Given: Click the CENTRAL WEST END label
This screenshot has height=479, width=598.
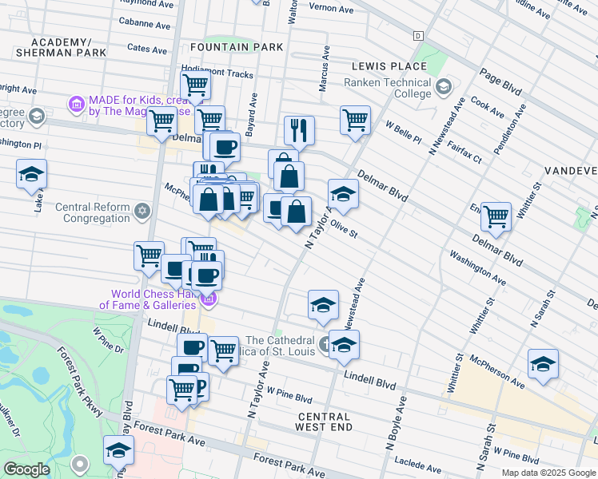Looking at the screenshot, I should click(324, 422).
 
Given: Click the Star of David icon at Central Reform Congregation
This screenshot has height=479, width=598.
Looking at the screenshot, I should click(142, 212).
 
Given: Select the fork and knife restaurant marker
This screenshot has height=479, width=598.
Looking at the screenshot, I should click(299, 129).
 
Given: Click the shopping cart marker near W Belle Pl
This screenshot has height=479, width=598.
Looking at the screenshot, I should click(355, 121).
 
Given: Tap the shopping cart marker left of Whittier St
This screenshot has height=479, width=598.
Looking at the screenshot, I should click(496, 216).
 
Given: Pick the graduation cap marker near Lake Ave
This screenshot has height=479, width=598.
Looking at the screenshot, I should click(31, 173).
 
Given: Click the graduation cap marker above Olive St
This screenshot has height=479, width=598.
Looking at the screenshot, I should click(343, 193).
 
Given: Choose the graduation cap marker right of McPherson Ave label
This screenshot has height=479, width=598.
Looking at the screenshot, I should click(543, 363).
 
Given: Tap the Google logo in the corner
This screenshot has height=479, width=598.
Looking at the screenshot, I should click(26, 469).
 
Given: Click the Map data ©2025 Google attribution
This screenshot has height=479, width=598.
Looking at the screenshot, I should click(548, 473).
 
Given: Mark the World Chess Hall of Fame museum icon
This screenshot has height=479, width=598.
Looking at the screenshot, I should click(209, 299).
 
